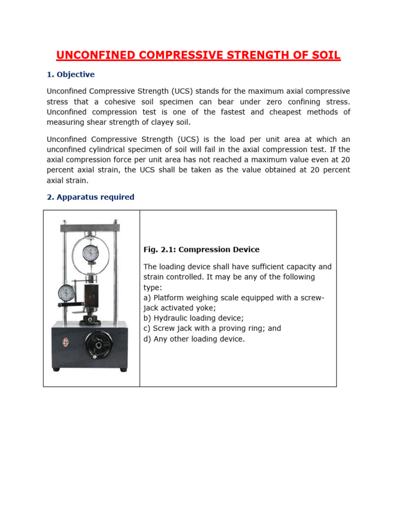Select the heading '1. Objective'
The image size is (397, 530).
pos(71,75)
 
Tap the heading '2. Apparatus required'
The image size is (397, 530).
pos(90,197)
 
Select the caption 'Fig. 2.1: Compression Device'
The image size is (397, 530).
pos(201,249)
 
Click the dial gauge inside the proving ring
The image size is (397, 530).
pos(91,253)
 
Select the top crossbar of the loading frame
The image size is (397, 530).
pos(91,226)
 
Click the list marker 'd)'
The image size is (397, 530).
pos(147,338)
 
